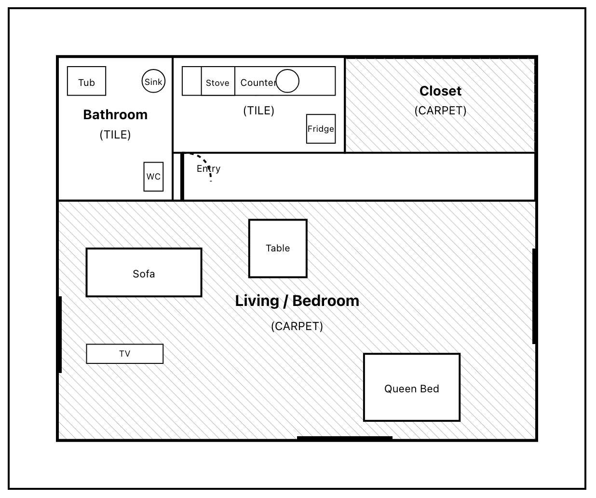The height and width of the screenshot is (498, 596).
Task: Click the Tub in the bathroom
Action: tap(86, 81)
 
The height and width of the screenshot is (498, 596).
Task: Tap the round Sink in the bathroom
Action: tap(153, 81)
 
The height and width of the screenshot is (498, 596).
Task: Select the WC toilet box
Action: tap(153, 177)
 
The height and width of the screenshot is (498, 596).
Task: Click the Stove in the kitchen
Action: tap(218, 81)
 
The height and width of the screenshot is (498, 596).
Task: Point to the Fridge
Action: tap(321, 129)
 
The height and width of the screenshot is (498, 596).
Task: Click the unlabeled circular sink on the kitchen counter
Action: tap(287, 81)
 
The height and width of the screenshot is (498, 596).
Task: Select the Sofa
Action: tap(144, 273)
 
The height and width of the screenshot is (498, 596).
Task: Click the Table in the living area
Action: tap(278, 249)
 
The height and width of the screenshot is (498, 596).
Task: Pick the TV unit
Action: tap(125, 354)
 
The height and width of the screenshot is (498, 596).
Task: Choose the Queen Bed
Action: tap(412, 387)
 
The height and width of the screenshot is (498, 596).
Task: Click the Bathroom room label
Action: tap(115, 115)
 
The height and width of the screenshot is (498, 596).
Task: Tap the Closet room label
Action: tap(440, 91)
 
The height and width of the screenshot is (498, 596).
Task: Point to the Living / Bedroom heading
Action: tap(297, 301)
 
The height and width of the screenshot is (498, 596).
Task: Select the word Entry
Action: tap(208, 168)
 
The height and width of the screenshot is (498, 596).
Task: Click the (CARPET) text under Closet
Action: tap(440, 111)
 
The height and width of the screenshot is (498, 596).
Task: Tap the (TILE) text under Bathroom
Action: tap(115, 135)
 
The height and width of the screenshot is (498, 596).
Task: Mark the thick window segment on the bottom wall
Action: tap(344, 438)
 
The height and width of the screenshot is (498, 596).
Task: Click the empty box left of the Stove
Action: tap(192, 81)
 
